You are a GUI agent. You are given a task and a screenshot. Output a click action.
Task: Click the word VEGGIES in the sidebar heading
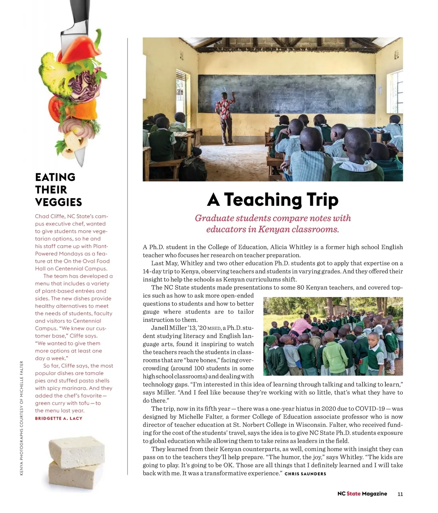pyautogui.click(x=58, y=202)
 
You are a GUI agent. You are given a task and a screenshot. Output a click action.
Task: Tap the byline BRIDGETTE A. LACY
pyautogui.click(x=59, y=418)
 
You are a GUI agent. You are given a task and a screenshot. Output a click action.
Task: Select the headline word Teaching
pyautogui.click(x=262, y=200)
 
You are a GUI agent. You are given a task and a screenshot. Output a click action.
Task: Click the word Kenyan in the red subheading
pyautogui.click(x=274, y=229)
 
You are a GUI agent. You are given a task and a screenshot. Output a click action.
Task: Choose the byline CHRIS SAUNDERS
pyautogui.click(x=305, y=474)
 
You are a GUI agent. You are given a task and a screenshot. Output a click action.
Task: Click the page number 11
pyautogui.click(x=400, y=494)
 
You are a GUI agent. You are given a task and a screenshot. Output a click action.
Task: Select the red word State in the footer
pyautogui.click(x=353, y=494)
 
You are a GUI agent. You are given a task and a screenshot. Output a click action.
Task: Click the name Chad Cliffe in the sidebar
pyautogui.click(x=50, y=216)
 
